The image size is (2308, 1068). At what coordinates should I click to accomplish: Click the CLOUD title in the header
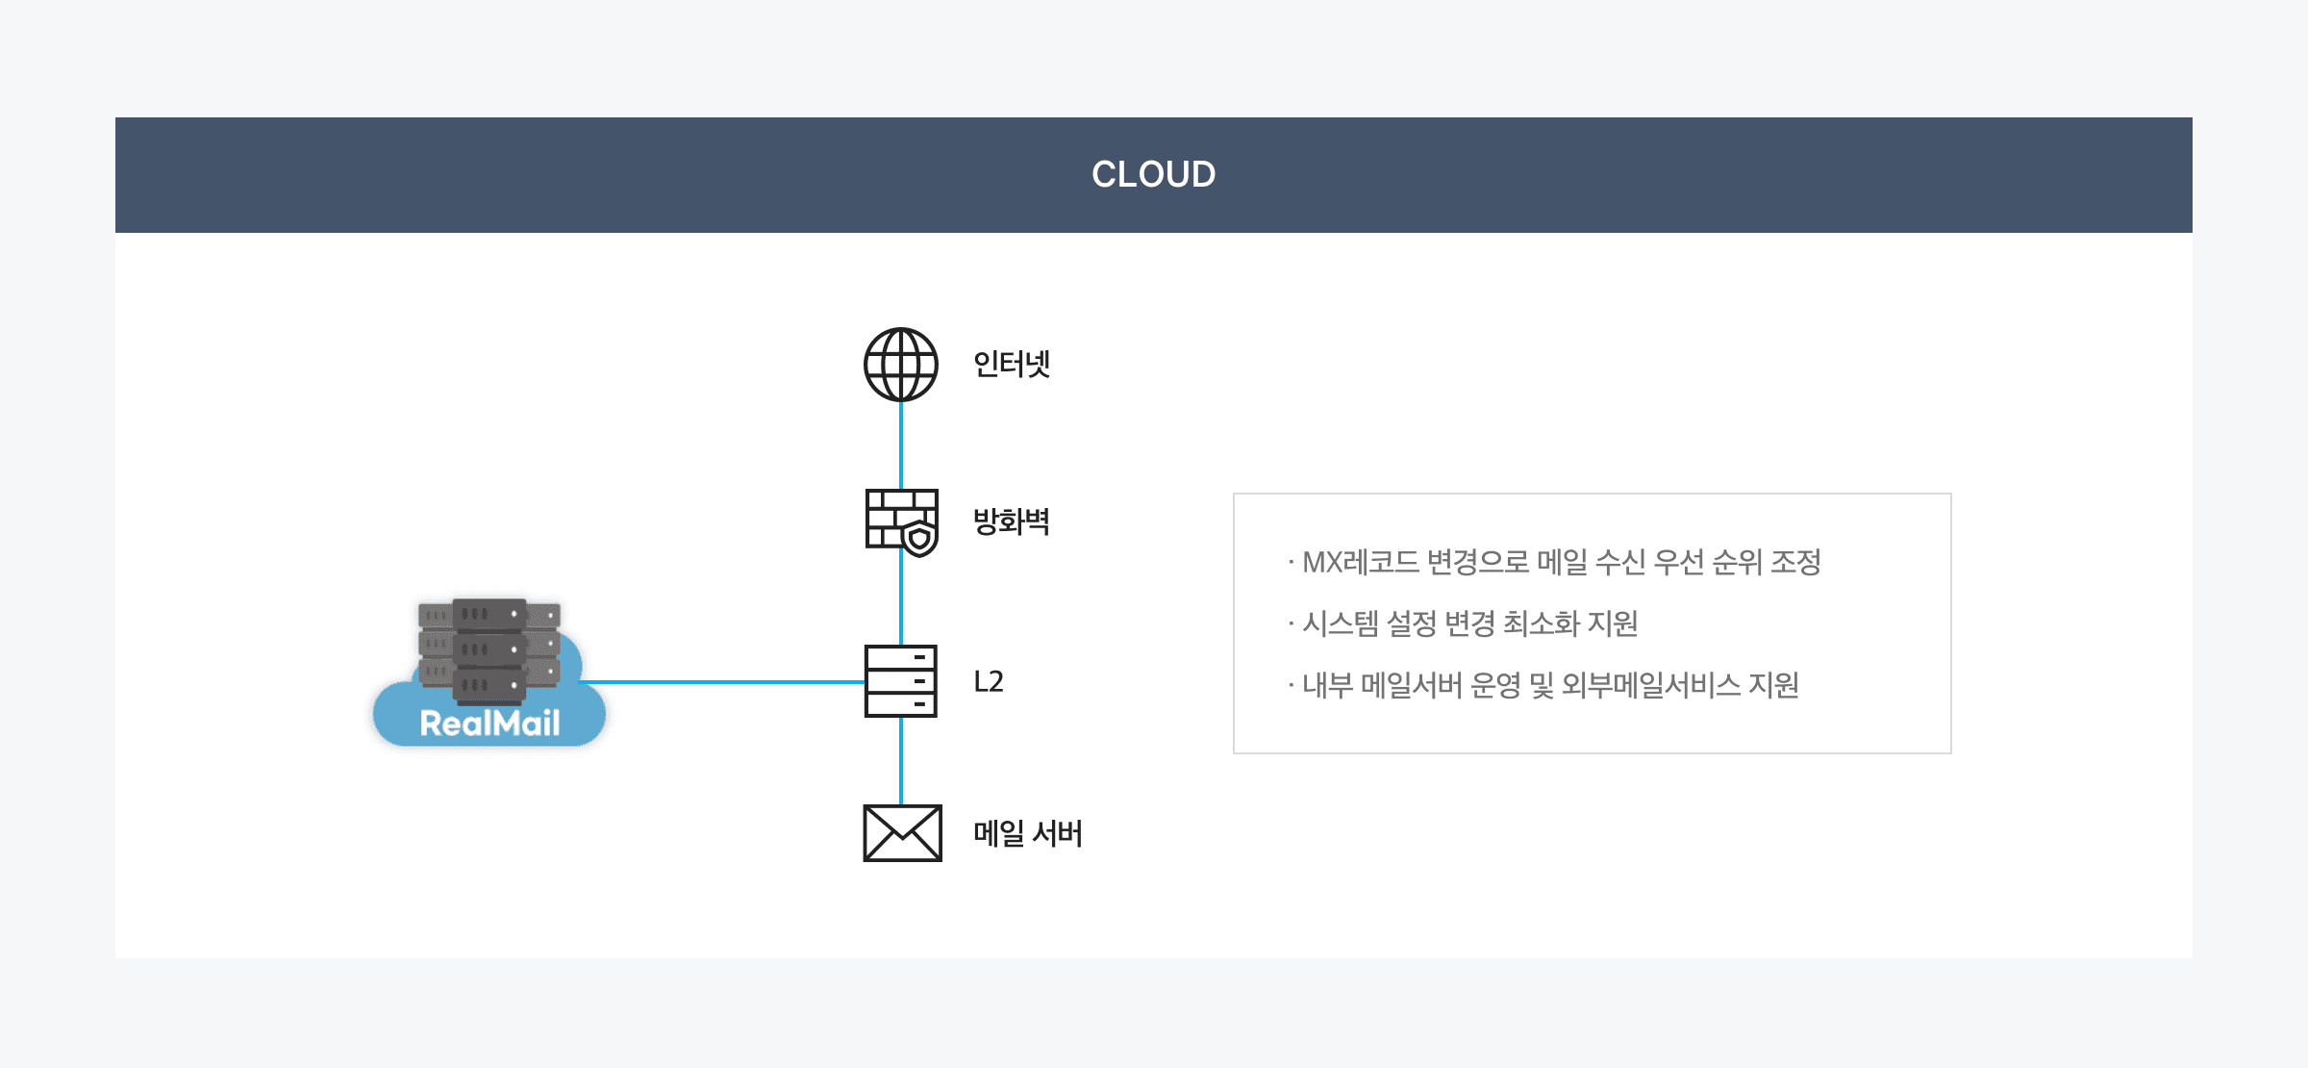[1153, 174]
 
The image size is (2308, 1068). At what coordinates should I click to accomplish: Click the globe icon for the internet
[900, 365]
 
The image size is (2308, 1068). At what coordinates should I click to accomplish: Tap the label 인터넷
[1011, 365]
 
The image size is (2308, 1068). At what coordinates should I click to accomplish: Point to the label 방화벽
[1011, 521]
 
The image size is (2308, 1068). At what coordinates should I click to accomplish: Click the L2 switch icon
[900, 681]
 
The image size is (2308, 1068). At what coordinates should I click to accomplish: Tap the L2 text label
[989, 681]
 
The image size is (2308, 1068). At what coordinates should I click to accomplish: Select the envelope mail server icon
[902, 833]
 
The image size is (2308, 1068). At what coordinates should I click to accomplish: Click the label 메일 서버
[1027, 833]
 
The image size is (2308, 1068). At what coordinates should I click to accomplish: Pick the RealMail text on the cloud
[489, 724]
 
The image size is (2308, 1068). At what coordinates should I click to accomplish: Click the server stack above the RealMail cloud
[489, 647]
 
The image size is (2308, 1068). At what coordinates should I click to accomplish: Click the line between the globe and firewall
[900, 445]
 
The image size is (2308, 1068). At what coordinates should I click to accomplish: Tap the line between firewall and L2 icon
[900, 601]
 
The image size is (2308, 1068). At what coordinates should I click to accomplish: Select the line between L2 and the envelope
[900, 761]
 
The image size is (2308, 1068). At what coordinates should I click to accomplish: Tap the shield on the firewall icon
[920, 539]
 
